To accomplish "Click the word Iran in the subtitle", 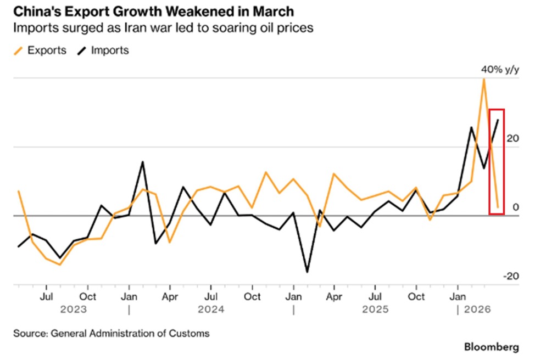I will pyautogui.click(x=141, y=28).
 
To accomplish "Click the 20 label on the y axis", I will pyautogui.click(x=512, y=139).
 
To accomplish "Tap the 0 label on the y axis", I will pyautogui.click(x=515, y=207).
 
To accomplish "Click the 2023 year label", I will pyautogui.click(x=73, y=310).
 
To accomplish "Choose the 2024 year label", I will pyautogui.click(x=211, y=310).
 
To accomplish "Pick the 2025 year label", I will pyautogui.click(x=375, y=310).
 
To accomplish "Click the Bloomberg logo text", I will pyautogui.click(x=492, y=347).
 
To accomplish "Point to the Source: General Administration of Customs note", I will pyautogui.click(x=112, y=333).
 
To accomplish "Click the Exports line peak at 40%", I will pyautogui.click(x=483, y=79).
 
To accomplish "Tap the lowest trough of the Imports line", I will pyautogui.click(x=307, y=272).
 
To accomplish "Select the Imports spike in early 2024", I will pyautogui.click(x=143, y=162).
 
